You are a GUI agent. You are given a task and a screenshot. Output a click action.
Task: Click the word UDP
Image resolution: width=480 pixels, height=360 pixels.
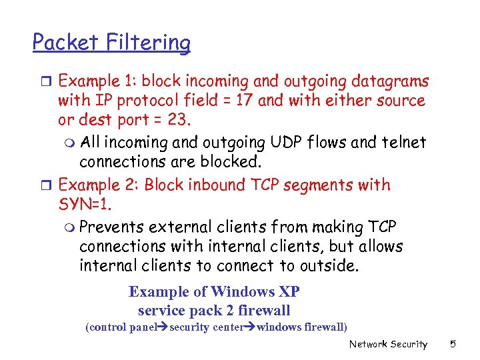pyautogui.click(x=286, y=142)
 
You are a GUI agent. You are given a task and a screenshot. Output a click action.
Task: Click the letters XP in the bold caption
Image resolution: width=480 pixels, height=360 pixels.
pyautogui.click(x=289, y=292)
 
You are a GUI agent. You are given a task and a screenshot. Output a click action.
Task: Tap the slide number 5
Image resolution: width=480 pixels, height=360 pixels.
pyautogui.click(x=453, y=344)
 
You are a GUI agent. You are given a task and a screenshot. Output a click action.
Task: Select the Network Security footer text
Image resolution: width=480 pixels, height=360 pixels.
pyautogui.click(x=388, y=344)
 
